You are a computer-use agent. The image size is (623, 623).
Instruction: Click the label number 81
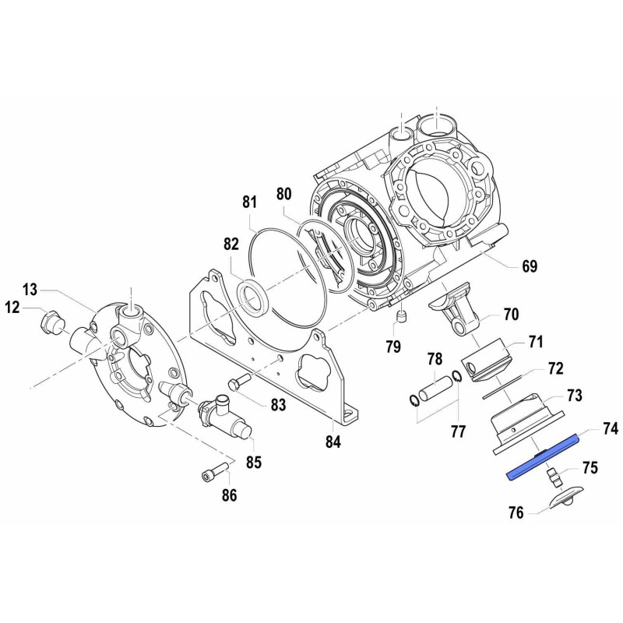[x=249, y=202]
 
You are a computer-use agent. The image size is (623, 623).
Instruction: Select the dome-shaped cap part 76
[x=563, y=499]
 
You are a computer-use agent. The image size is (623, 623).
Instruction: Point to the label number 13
[x=30, y=290]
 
